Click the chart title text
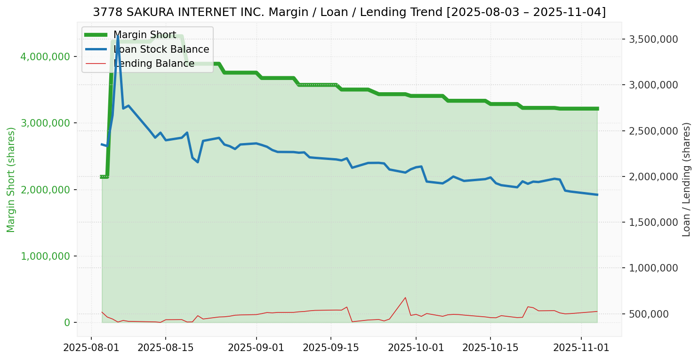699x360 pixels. tap(349, 12)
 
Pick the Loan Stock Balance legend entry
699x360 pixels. tap(161, 49)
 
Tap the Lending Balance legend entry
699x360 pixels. tap(154, 64)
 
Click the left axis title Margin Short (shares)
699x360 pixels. tap(11, 179)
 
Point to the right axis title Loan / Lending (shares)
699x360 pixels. tap(686, 179)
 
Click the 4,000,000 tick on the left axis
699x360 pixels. tap(45, 56)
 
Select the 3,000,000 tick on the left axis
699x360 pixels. tap(45, 123)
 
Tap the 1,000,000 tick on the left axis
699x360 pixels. tap(45, 256)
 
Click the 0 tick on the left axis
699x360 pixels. tap(67, 322)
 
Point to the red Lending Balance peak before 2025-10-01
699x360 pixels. tap(405, 297)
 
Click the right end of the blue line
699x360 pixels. tap(597, 194)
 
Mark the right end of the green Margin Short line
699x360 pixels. tap(597, 109)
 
